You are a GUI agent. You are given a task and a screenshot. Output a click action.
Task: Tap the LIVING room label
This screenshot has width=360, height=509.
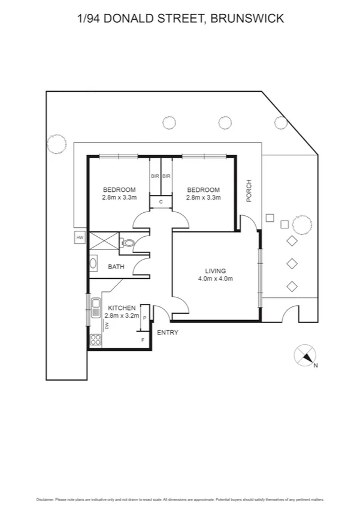pos(215,271)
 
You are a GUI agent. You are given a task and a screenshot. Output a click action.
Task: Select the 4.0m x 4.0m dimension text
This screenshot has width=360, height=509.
pos(215,279)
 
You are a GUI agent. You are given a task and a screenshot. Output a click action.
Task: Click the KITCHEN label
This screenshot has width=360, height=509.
pos(122,308)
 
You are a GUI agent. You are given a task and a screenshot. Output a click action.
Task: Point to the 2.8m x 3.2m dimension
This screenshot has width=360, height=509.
pos(122,315)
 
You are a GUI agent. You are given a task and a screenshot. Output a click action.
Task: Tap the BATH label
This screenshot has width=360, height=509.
pos(116,267)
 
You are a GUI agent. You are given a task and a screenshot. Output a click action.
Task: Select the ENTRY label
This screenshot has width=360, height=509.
pos(167,333)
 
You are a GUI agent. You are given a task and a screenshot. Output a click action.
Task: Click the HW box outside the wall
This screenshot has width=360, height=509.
pos(79,238)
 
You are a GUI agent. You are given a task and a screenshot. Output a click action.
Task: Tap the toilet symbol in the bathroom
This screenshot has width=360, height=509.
pos(126,243)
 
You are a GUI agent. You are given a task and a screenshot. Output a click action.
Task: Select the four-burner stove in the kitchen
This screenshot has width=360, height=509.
pos(96,340)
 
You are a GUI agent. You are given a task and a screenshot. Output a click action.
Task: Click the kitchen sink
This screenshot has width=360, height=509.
pos(96,307)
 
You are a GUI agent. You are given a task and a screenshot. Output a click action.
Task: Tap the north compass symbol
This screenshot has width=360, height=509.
pos(305,356)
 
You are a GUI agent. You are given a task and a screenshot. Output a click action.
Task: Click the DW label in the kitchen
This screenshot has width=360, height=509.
pos(107,326)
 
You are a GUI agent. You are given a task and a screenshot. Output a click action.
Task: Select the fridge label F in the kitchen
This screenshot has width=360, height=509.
pos(142,341)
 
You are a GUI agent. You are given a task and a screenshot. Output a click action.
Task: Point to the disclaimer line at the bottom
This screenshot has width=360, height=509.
pos(180,498)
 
